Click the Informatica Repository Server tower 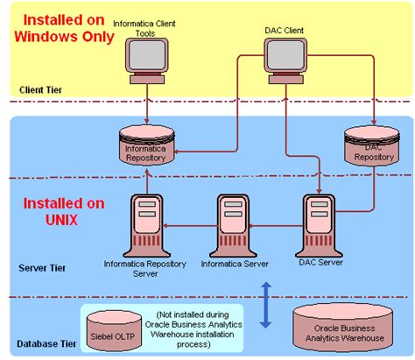[144, 224]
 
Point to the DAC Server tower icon [317, 224]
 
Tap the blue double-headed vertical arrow [265, 304]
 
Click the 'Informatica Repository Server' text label [144, 267]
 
